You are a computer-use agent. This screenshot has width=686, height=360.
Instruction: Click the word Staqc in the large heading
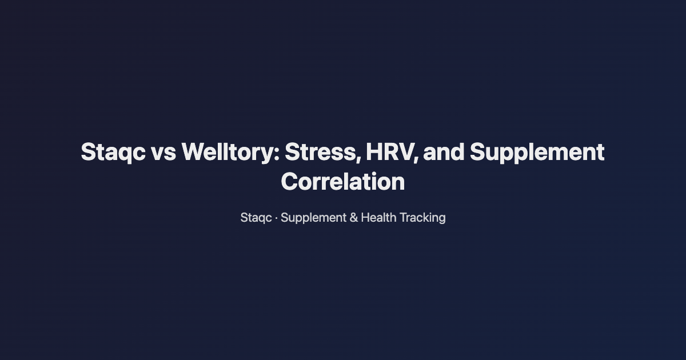[113, 153]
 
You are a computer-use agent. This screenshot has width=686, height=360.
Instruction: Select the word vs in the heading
[163, 153]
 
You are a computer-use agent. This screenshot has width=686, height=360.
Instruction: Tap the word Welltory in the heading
[229, 153]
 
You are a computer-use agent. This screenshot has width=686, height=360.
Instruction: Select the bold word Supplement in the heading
[537, 153]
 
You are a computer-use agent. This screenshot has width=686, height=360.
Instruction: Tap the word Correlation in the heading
[343, 182]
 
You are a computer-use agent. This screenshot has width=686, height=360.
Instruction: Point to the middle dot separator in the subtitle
[276, 218]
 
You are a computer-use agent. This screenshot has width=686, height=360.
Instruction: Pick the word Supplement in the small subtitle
[313, 218]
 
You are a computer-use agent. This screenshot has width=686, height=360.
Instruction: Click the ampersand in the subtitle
[353, 218]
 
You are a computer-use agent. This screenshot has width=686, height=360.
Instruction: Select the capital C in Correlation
[290, 182]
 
